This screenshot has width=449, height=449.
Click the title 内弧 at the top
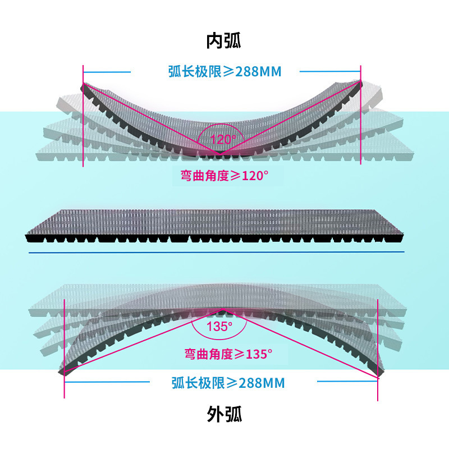[224, 40]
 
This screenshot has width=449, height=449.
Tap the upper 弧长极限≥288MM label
[224, 71]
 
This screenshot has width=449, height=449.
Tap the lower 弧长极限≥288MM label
[228, 383]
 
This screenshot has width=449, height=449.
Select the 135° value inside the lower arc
[220, 327]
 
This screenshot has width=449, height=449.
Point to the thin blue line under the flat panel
[216, 253]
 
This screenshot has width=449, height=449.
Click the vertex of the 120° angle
[219, 153]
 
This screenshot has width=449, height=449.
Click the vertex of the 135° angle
[224, 310]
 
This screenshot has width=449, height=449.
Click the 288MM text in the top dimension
[258, 71]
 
